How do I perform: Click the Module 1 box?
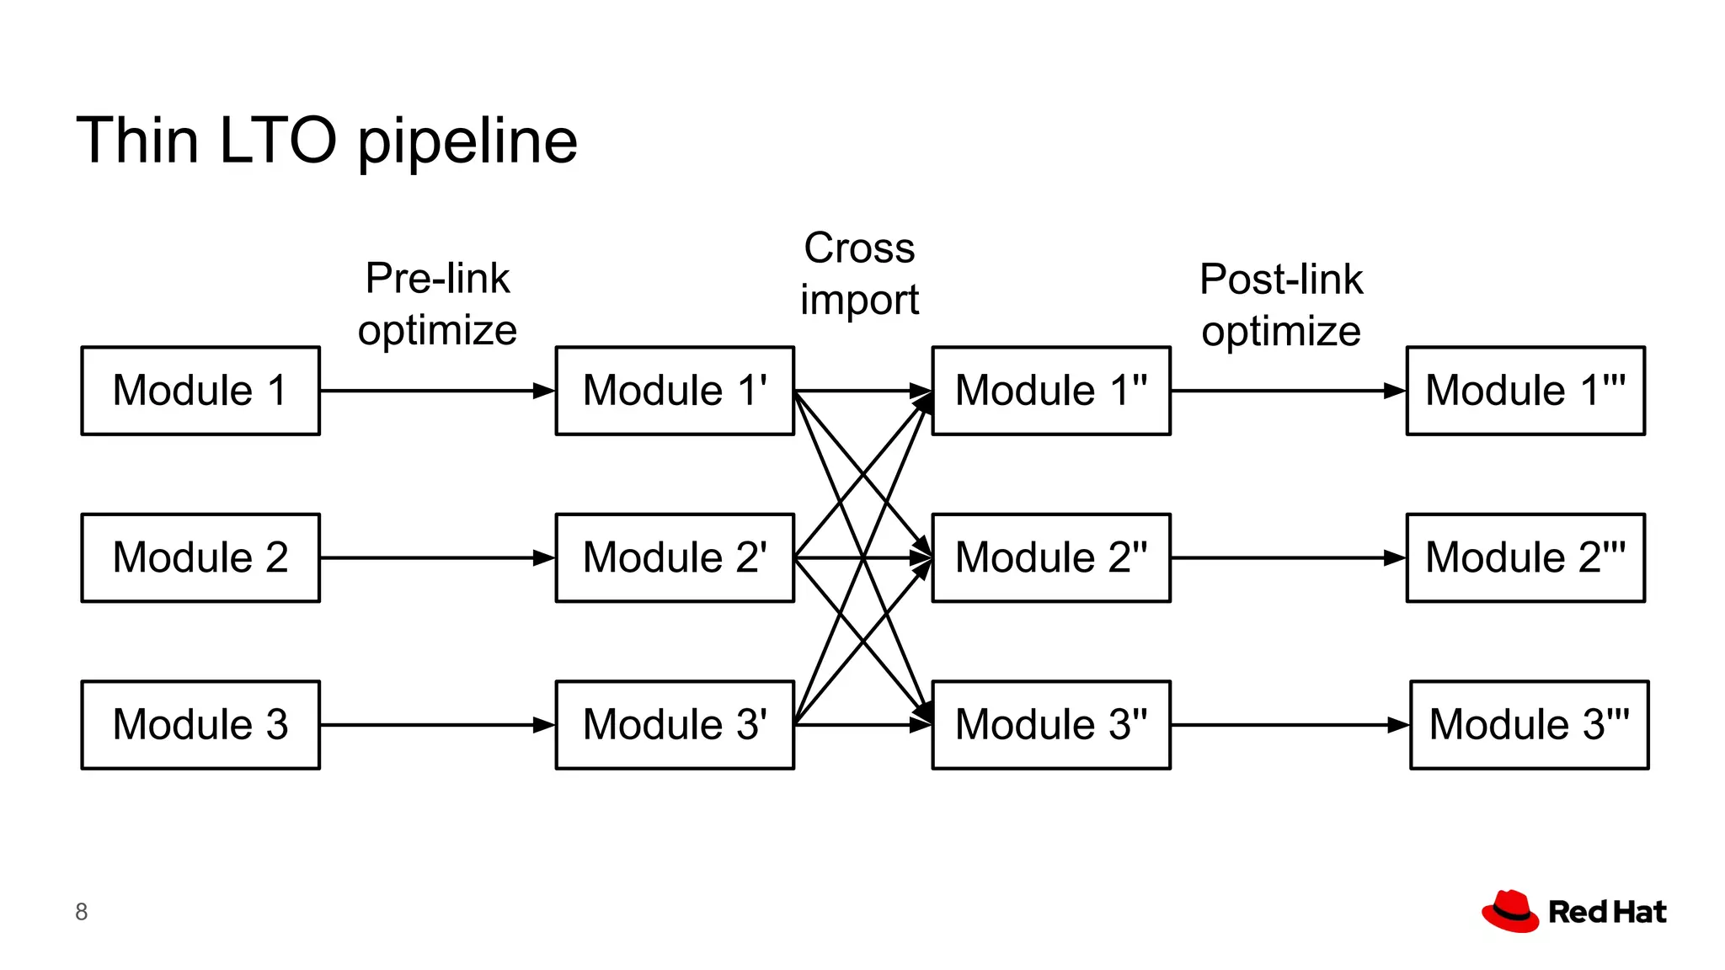point(200,391)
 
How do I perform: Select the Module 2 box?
point(200,557)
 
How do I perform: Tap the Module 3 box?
point(200,724)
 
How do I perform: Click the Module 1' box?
point(675,391)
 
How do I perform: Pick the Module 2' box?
point(675,557)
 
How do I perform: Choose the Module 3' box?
point(675,724)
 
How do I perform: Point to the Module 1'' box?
point(1051,391)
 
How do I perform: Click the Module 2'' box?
point(1051,557)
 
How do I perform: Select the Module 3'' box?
point(1051,724)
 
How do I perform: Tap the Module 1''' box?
point(1525,391)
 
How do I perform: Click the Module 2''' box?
point(1525,557)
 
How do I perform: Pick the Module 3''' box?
point(1529,724)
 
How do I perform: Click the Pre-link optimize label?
point(437,304)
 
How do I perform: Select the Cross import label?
point(859,274)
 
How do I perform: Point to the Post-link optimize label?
point(1281,305)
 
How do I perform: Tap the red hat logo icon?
point(1510,911)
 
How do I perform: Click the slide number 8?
point(82,912)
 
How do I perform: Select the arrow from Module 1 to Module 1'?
point(437,391)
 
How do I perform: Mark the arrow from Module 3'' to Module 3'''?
point(1290,724)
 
